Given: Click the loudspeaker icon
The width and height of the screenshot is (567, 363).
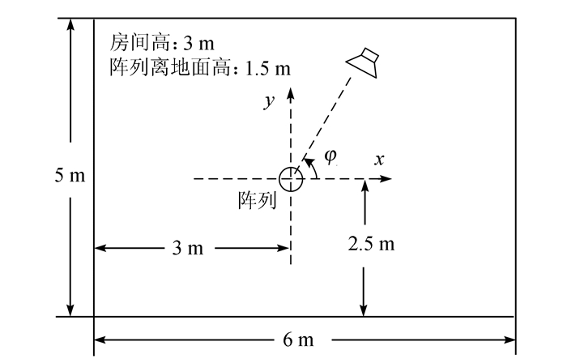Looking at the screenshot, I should [x=365, y=62].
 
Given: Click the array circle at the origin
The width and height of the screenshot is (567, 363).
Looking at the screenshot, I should [x=291, y=178].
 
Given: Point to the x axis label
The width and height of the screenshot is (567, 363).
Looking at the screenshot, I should [x=378, y=160].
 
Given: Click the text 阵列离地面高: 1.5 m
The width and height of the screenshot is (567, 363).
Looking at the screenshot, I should [x=199, y=66].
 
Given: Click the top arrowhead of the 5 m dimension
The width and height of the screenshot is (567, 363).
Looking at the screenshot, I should [x=71, y=23].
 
